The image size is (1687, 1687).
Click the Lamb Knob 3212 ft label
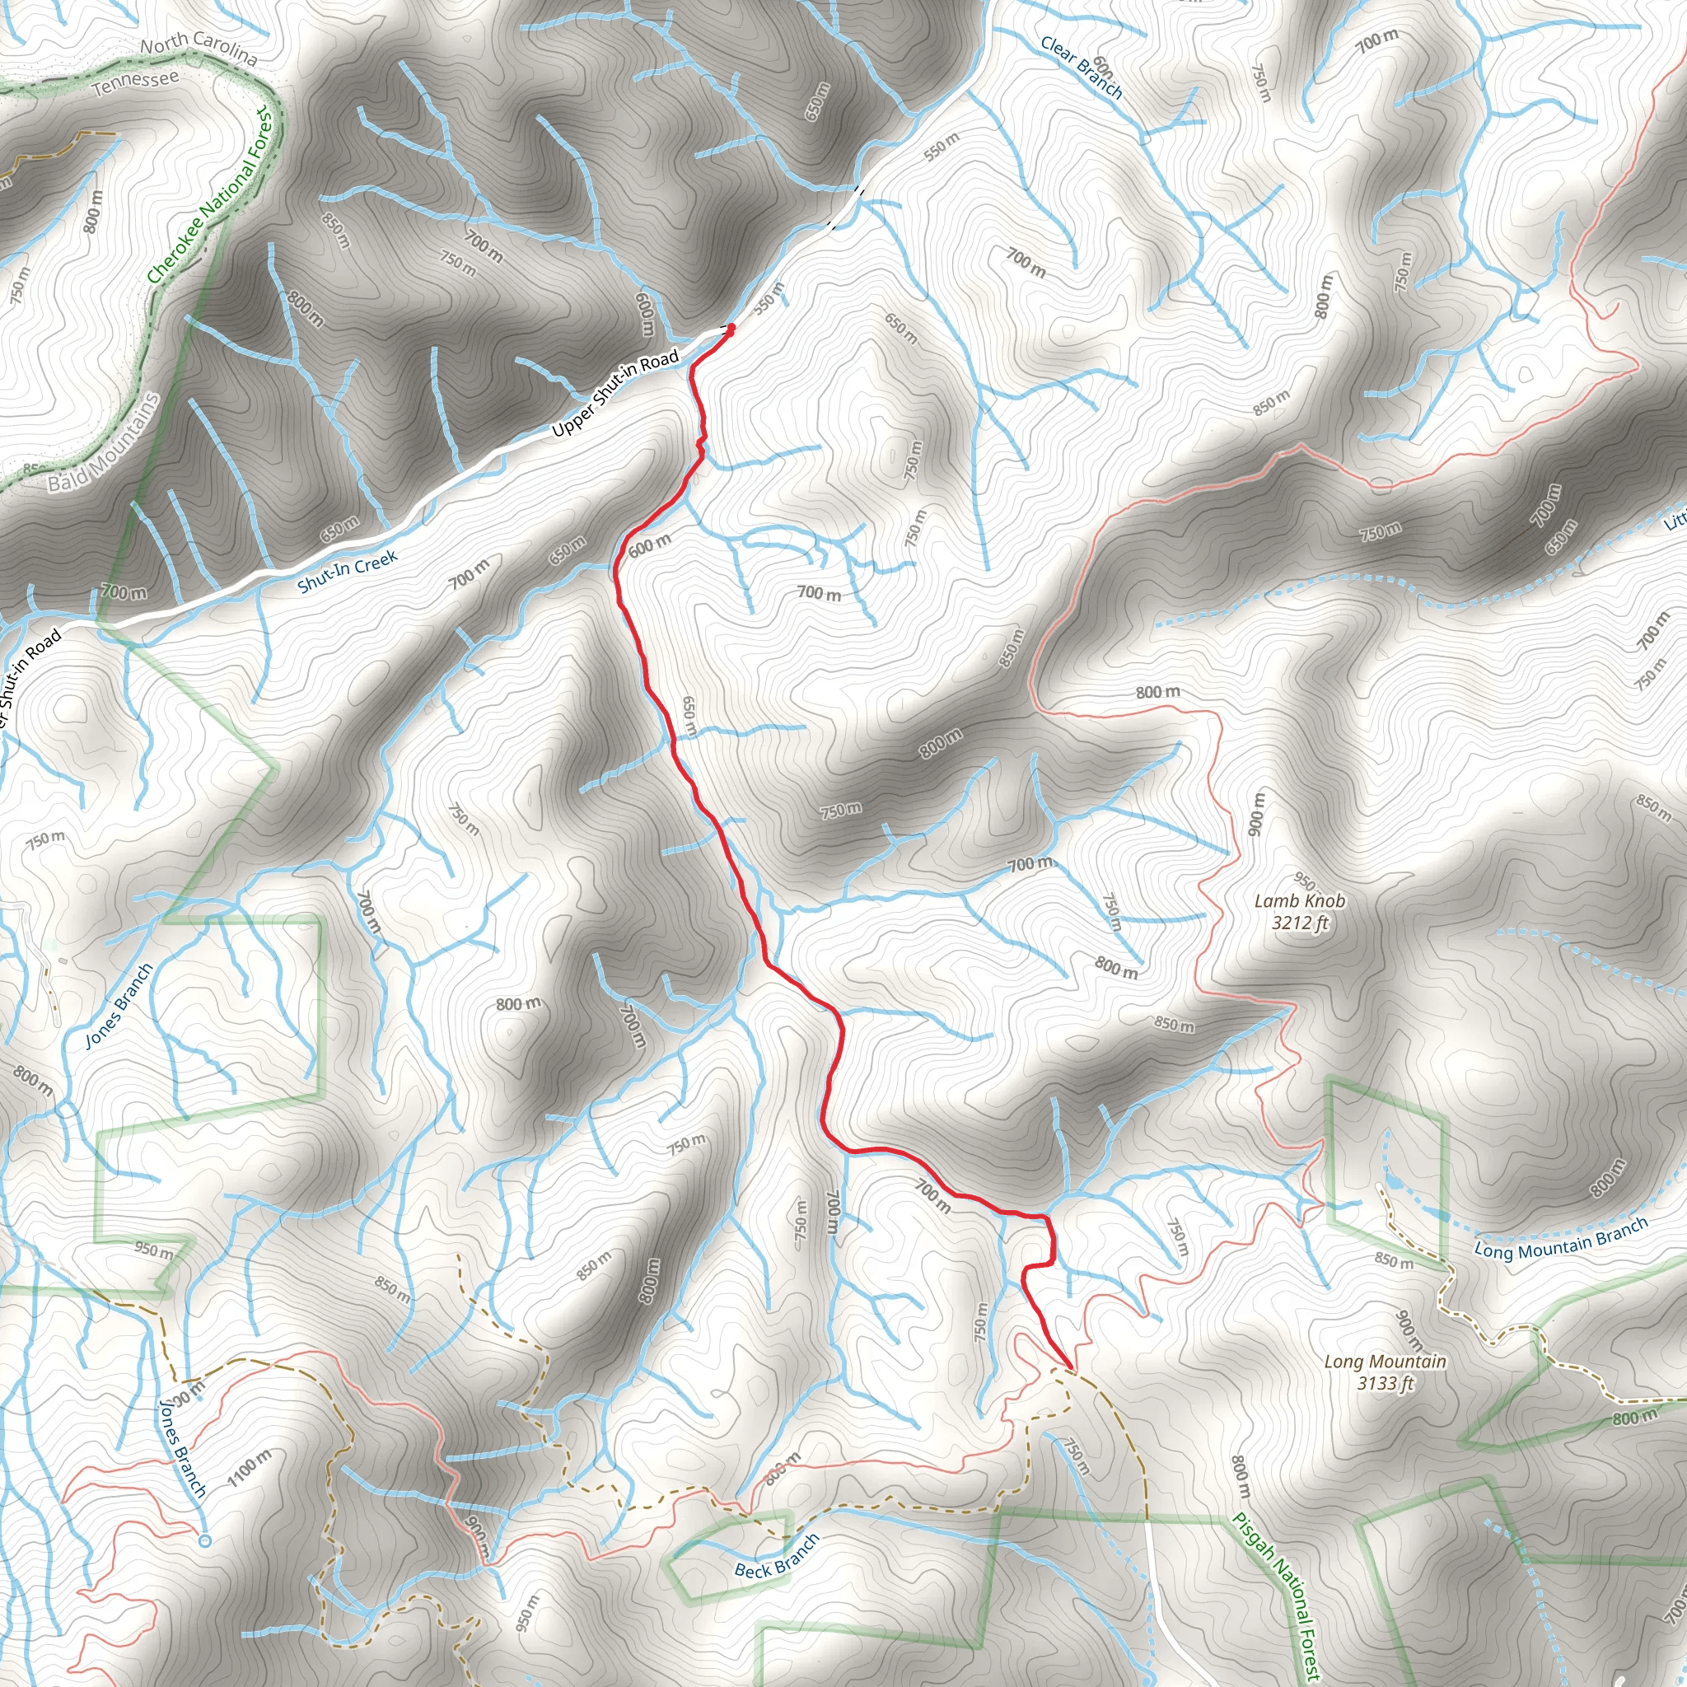click(1299, 912)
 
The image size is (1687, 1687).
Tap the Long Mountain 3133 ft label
click(1385, 1372)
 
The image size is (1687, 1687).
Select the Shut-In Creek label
click(347, 571)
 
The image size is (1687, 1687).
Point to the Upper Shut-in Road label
click(615, 393)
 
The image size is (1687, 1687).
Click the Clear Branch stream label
click(1081, 68)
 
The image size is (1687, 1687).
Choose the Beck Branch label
click(776, 1557)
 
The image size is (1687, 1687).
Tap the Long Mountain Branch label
click(1560, 1238)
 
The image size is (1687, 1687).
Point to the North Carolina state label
click(199, 49)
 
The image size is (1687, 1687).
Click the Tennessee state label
click(135, 84)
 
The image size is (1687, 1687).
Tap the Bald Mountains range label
click(104, 442)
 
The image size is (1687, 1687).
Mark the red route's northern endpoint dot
click(730, 329)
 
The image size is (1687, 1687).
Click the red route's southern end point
click(1070, 1367)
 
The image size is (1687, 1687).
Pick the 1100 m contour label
click(249, 1467)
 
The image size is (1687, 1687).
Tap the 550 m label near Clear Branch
click(942, 145)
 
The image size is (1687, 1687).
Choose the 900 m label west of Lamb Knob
click(1255, 813)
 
